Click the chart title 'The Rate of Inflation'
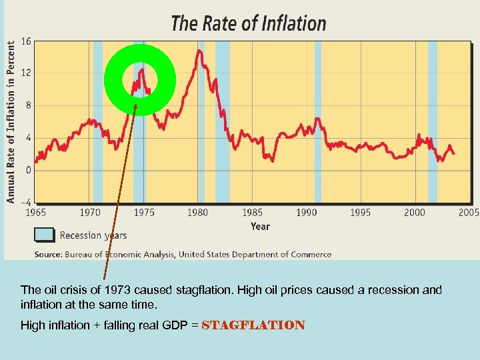click(249, 23)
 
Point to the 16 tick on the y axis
click(26, 41)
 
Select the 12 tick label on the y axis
click(26, 73)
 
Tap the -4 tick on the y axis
click(25, 202)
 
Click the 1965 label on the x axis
click(35, 213)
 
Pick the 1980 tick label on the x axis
click(197, 213)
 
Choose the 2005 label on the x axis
click(468, 213)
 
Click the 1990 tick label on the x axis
click(306, 213)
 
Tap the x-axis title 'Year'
click(260, 227)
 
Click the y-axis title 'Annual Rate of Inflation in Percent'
click(11, 120)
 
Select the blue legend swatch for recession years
click(44, 235)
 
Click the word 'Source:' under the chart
click(48, 254)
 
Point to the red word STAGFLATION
click(253, 325)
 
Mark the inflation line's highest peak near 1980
click(198, 51)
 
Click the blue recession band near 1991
click(318, 120)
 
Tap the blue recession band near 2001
click(432, 120)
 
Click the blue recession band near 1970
click(98, 120)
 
